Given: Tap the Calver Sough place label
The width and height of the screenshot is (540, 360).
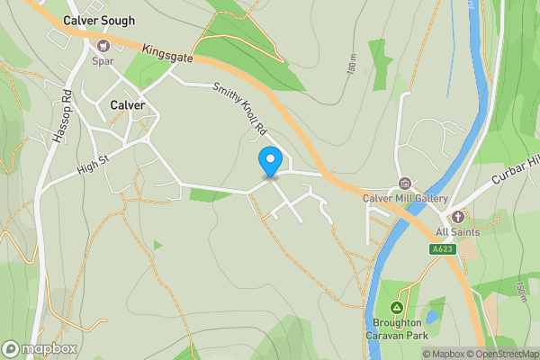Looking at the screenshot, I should [99, 20].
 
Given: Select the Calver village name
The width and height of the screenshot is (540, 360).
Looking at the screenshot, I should [127, 105].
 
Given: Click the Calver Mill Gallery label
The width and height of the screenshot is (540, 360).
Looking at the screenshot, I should [405, 198].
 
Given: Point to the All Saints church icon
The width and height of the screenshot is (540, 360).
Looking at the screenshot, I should [458, 216].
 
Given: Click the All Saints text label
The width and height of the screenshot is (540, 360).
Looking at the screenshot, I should [459, 231].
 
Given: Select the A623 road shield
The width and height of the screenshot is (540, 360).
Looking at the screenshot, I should [442, 249].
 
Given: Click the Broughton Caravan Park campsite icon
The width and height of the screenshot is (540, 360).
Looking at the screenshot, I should [397, 308].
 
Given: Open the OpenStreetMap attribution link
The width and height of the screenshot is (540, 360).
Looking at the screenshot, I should [502, 354].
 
